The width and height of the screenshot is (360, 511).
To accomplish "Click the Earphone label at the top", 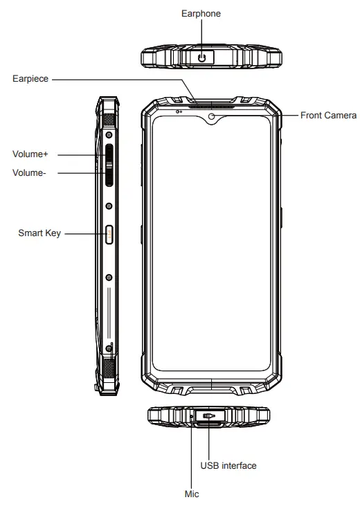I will click(x=201, y=13).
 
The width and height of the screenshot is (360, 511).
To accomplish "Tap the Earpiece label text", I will click(x=30, y=79).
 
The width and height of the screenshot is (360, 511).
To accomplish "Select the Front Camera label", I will click(x=328, y=116).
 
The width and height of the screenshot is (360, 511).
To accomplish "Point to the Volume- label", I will click(x=30, y=172).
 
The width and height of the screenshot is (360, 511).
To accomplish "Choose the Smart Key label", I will click(x=39, y=233).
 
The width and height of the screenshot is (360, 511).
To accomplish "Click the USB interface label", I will click(x=228, y=465).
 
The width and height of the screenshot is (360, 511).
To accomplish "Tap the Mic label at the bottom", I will click(x=192, y=494).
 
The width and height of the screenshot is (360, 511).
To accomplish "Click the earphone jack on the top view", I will click(x=202, y=57).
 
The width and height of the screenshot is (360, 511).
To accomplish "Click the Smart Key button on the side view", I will click(x=109, y=235).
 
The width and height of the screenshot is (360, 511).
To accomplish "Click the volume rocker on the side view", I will click(x=109, y=166).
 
